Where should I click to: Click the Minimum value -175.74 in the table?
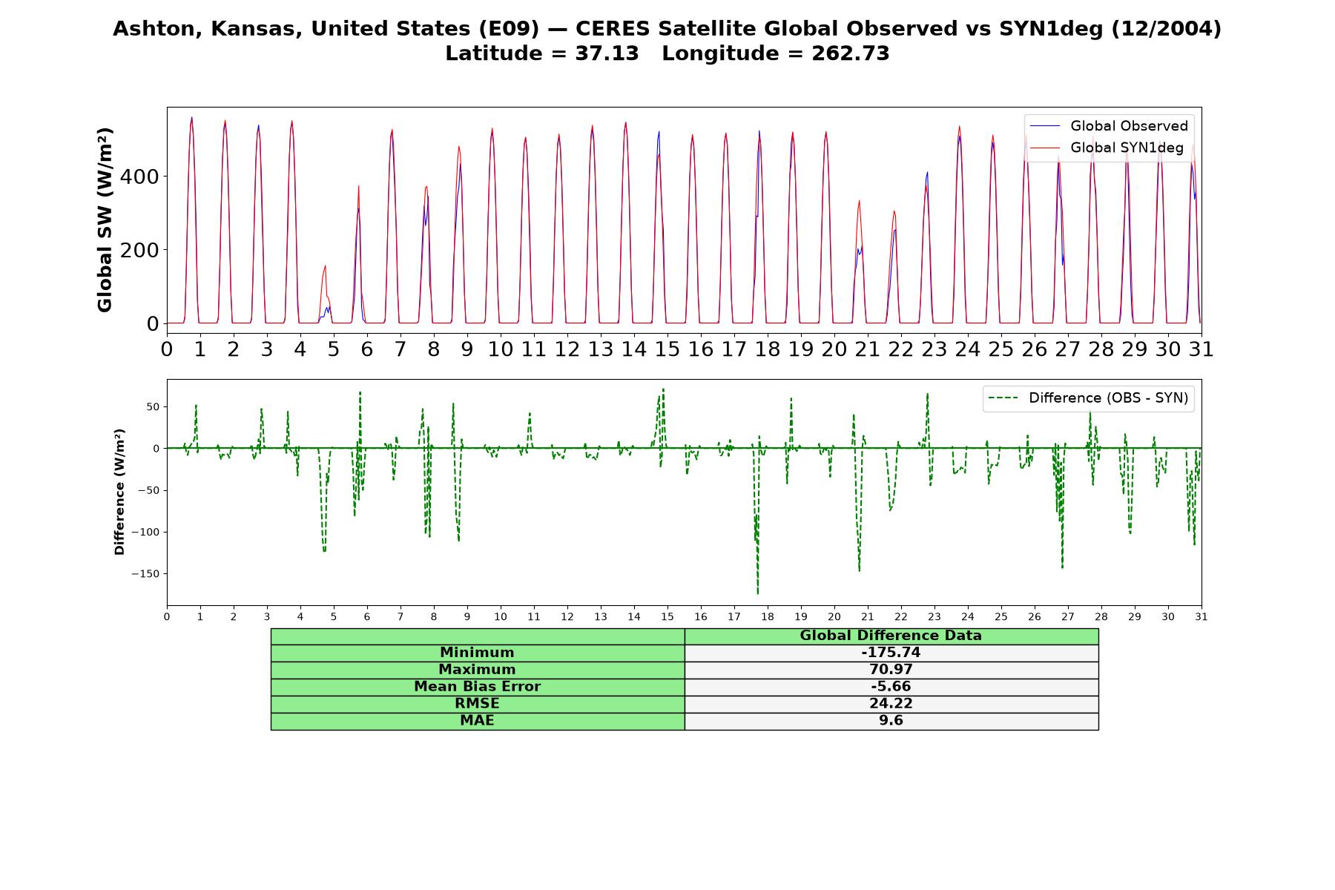pyautogui.click(x=891, y=653)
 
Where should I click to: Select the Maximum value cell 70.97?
pyautogui.click(x=891, y=670)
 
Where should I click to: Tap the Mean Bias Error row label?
pyautogui.click(x=477, y=687)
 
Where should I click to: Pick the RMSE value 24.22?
pyautogui.click(x=891, y=704)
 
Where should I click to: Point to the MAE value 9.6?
pyautogui.click(x=891, y=721)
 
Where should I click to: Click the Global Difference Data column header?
pyautogui.click(x=891, y=636)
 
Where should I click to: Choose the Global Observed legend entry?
pyautogui.click(x=1109, y=126)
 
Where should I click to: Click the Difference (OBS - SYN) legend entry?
pyautogui.click(x=1088, y=398)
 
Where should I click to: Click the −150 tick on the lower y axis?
pyautogui.click(x=146, y=574)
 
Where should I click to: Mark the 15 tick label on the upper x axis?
pyautogui.click(x=667, y=349)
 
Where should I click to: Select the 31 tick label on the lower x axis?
pyautogui.click(x=1201, y=616)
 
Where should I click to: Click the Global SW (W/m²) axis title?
pyautogui.click(x=105, y=220)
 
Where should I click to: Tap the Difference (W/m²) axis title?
pyautogui.click(x=119, y=492)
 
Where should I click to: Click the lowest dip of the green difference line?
pyautogui.click(x=757, y=593)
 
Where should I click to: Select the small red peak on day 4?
pyautogui.click(x=325, y=266)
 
